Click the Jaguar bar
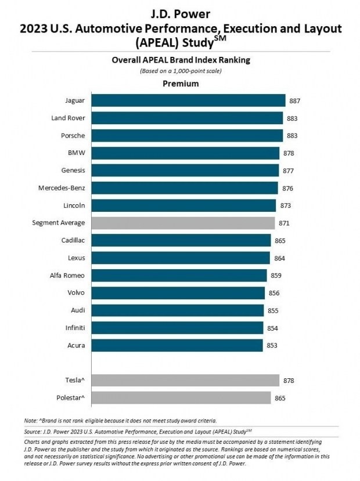click(189, 100)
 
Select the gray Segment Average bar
click(183, 223)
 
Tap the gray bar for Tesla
click(185, 381)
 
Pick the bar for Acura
click(177, 345)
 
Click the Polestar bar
click(181, 398)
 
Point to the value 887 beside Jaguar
click(294, 101)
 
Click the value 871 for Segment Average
click(284, 223)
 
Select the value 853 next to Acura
click(272, 346)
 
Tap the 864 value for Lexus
click(280, 258)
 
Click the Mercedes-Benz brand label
click(62, 188)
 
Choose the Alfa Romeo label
click(67, 276)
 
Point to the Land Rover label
click(68, 118)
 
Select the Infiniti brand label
click(75, 328)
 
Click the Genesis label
click(73, 170)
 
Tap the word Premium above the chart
click(181, 84)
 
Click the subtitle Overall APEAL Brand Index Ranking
click(181, 60)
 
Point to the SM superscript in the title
click(219, 39)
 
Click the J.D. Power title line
click(181, 14)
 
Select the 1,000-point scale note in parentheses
click(181, 71)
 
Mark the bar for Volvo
click(178, 293)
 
